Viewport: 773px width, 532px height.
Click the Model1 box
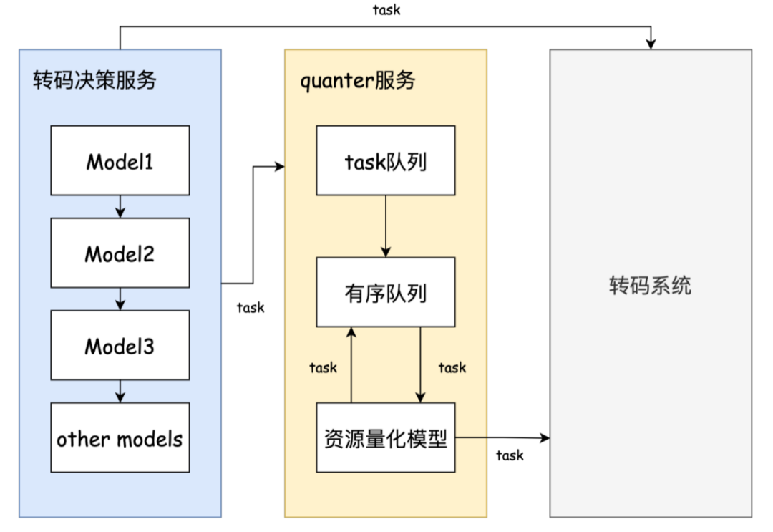coord(120,160)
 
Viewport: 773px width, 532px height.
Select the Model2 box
coord(120,253)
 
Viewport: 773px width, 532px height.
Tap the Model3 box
coord(120,345)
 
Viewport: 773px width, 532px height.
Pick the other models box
coord(120,437)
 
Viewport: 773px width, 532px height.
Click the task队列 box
coord(386,160)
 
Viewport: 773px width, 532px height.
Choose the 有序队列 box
coord(386,292)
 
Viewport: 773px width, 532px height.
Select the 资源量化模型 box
coord(386,437)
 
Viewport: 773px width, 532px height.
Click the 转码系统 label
coord(650,285)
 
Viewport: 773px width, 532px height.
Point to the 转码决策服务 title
coord(94,80)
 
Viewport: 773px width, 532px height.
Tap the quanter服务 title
coord(358,81)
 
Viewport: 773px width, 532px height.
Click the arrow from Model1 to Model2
coord(120,207)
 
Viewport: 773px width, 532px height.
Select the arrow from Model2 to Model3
coord(120,299)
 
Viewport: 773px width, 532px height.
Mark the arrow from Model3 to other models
coord(120,392)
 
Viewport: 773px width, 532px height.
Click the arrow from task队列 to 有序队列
coord(386,226)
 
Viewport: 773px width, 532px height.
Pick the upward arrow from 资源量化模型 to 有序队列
coord(351,365)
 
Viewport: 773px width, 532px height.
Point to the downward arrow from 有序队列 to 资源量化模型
coord(420,365)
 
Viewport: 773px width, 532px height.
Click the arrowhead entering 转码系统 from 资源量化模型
coord(545,437)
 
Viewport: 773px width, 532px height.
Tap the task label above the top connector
coord(386,10)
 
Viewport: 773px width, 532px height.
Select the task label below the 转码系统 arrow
coord(510,455)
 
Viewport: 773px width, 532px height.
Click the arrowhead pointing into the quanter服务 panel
coord(280,167)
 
